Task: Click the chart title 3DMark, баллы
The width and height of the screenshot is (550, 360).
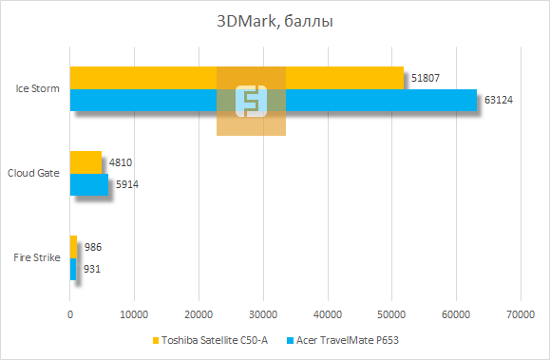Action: coord(275,21)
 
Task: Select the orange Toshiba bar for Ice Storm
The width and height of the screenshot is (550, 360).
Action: coord(142,78)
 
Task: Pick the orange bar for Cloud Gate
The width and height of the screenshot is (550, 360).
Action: coord(85,162)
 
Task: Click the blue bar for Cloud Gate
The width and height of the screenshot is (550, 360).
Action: coord(89,184)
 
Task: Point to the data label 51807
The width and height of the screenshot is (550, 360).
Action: coord(425,78)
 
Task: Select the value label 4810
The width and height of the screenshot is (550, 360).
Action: coord(121,162)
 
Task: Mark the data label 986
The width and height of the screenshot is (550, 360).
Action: coord(93,247)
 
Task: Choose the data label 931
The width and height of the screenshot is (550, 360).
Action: coord(92,269)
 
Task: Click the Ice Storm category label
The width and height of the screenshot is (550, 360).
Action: coord(38,89)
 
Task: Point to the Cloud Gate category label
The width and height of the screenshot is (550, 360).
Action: coord(34,173)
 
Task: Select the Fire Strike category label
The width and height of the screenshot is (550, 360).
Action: coord(37,257)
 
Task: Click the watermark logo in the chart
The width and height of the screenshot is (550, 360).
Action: coord(251,101)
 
